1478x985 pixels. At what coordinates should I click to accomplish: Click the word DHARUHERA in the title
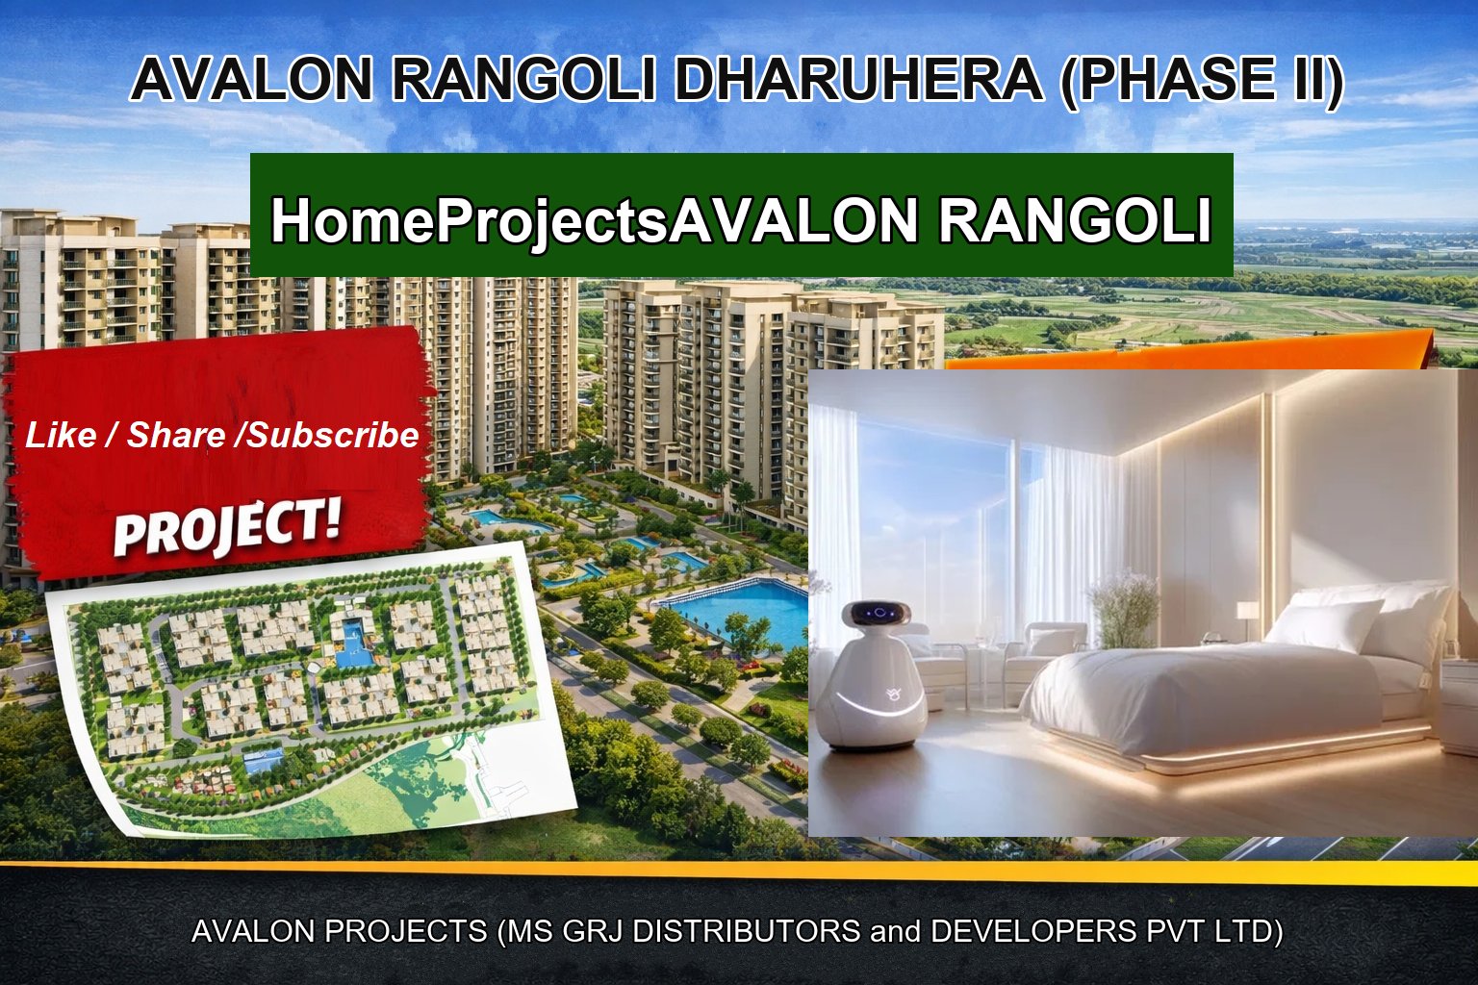pyautogui.click(x=857, y=79)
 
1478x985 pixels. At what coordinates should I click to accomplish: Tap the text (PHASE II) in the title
pyautogui.click(x=1201, y=79)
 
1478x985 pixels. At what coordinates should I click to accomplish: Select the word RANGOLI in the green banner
pyautogui.click(x=1074, y=220)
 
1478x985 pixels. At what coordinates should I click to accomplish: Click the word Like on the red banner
pyautogui.click(x=61, y=436)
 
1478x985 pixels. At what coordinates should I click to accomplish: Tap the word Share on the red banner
pyautogui.click(x=176, y=436)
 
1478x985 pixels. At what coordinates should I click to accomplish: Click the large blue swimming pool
pyautogui.click(x=741, y=608)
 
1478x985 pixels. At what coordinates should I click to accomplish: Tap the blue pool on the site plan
pyautogui.click(x=353, y=638)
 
